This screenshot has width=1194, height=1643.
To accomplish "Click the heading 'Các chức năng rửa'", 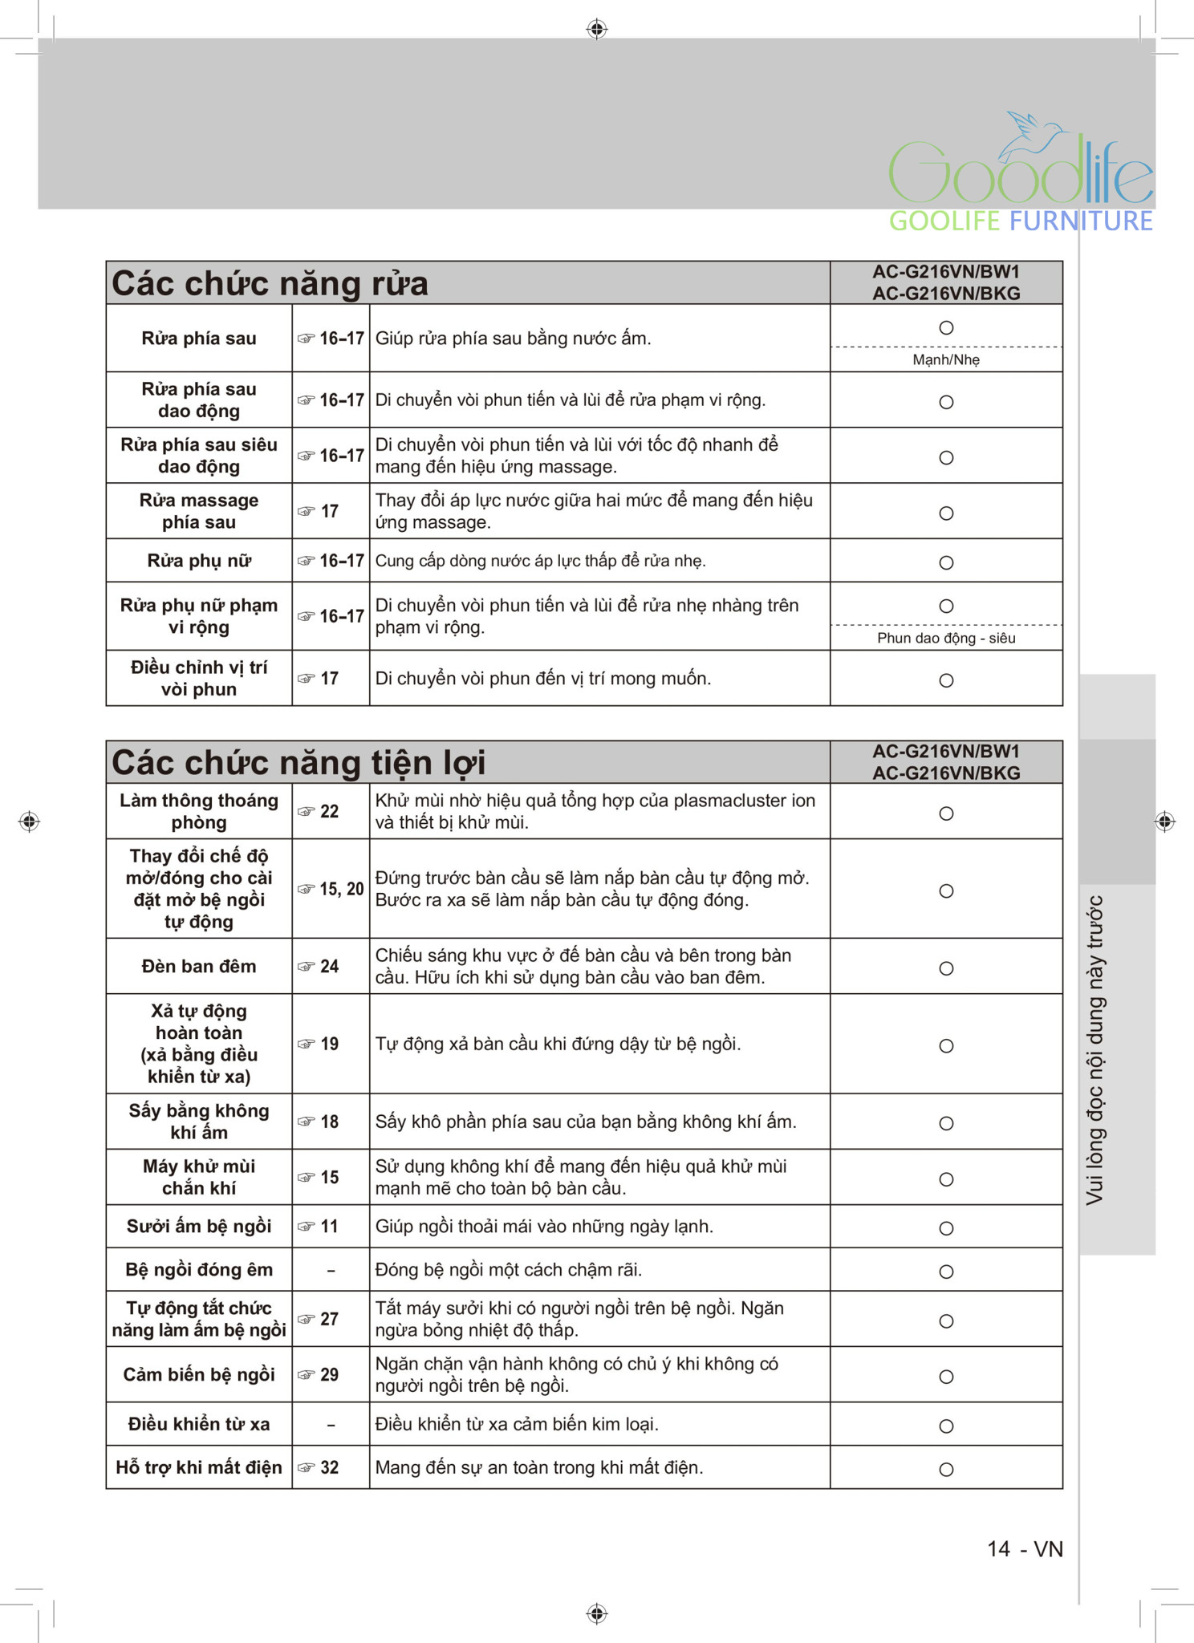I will (x=270, y=284).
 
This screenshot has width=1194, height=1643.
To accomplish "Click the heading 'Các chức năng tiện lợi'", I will (x=298, y=763).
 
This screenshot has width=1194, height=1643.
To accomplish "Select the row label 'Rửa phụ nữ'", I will (x=199, y=561).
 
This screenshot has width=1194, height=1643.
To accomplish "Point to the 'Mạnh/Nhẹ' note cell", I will (x=946, y=360).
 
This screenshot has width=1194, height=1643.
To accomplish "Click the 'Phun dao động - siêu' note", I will (x=946, y=639).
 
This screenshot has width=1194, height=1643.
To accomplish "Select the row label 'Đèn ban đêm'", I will (x=199, y=967).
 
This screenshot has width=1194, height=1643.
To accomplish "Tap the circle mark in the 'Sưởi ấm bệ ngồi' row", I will (x=946, y=1229).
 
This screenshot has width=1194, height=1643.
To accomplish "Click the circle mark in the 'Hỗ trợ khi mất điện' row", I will (x=946, y=1470).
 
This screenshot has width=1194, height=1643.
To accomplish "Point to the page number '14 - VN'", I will (x=1025, y=1549).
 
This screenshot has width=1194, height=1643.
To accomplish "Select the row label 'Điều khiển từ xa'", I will (x=199, y=1424).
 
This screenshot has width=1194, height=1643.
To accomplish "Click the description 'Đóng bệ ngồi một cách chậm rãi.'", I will (x=509, y=1270).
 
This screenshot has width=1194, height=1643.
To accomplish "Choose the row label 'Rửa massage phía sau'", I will (x=199, y=511).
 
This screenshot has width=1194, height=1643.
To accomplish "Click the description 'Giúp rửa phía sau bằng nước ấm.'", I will (x=513, y=339).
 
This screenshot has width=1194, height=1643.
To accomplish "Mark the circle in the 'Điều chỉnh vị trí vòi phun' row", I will (x=946, y=681).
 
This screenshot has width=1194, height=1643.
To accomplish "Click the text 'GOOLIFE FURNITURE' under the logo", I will (x=1021, y=221).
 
